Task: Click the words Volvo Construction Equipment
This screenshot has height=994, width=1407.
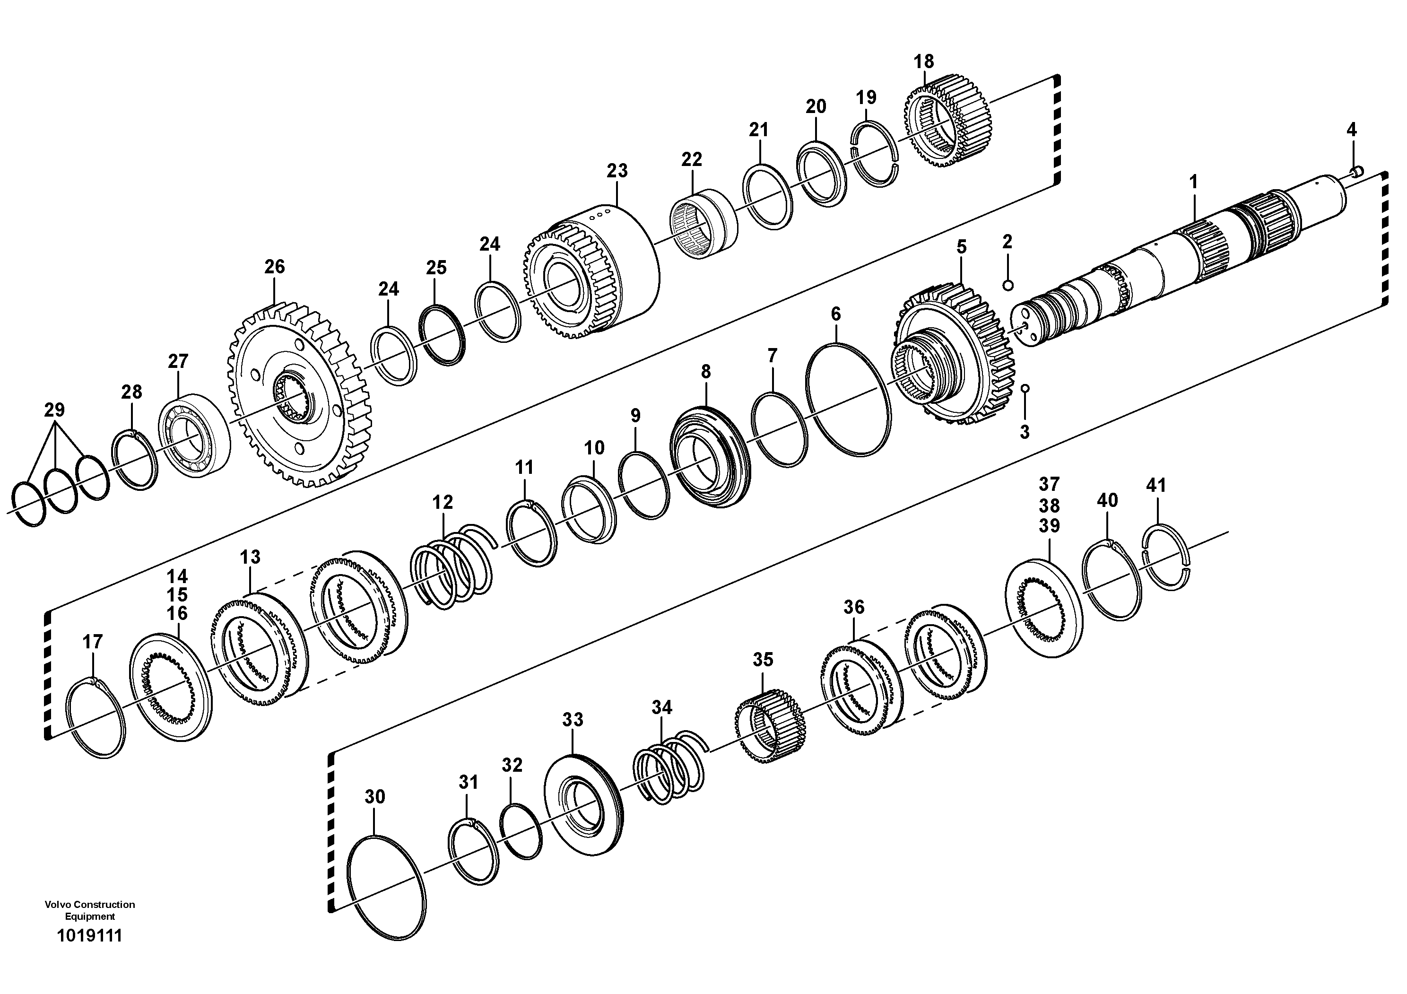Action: pos(89,910)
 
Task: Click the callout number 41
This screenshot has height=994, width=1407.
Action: pos(1156,485)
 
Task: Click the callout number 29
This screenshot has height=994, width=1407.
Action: pos(54,410)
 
